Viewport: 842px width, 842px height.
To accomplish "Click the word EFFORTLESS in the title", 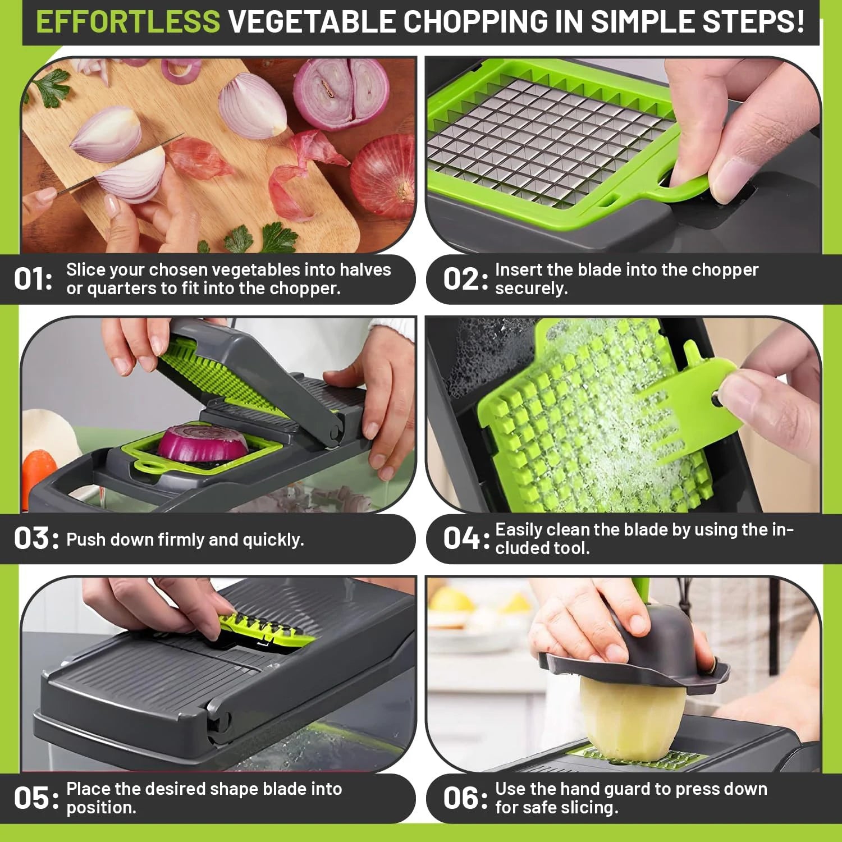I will click(128, 21).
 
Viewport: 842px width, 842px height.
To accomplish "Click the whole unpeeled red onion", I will click(385, 177).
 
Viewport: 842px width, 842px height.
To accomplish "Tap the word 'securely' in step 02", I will click(530, 289).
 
